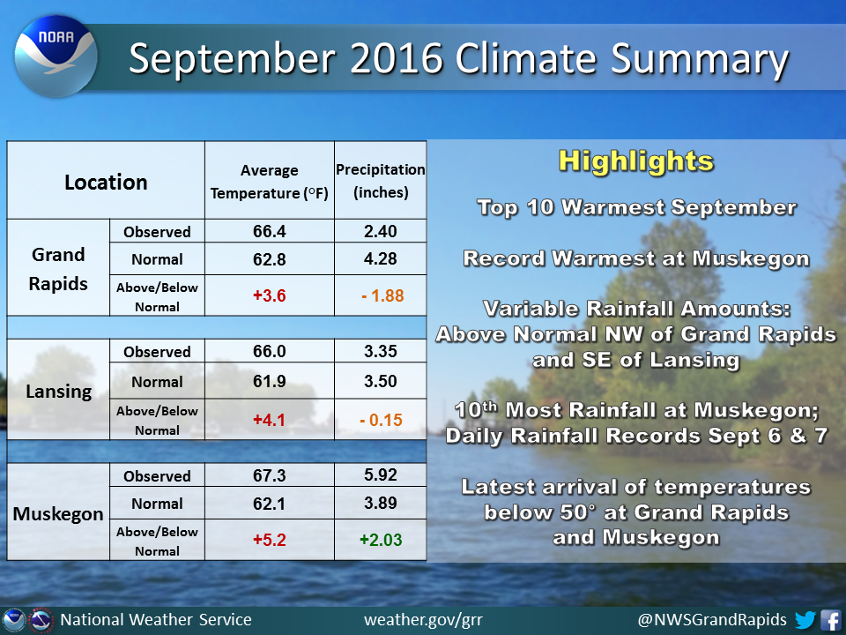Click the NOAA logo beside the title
coord(56,56)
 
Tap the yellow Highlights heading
coord(636,161)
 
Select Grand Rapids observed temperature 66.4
coord(270,232)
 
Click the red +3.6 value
coord(270,296)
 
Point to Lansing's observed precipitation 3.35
coord(381,352)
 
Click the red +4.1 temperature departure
coord(270,420)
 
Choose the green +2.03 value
coord(381,540)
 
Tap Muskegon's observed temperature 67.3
coord(270,475)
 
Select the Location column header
coord(106,183)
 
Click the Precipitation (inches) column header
coord(381,181)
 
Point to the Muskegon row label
coord(58,514)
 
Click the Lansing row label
coord(59,391)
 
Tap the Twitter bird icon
coord(805,619)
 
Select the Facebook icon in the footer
coord(831,619)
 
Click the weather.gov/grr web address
coord(424,619)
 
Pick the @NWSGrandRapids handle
coord(712,619)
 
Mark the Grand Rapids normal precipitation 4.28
coord(381,259)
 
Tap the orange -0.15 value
coord(382,420)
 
